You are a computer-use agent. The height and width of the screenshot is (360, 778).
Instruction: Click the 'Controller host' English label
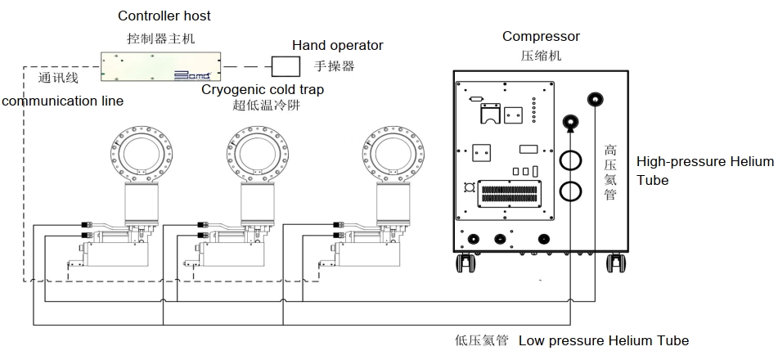point(164,16)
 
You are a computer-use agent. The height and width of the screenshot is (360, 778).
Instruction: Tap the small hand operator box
point(286,66)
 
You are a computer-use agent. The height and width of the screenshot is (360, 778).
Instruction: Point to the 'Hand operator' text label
point(338,46)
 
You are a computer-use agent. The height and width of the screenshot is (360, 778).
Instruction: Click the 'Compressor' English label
point(541,36)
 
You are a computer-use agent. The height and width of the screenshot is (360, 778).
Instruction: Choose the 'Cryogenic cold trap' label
point(263,88)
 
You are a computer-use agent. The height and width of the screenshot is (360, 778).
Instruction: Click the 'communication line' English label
point(62,101)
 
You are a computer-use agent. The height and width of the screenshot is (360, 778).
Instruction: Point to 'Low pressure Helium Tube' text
point(604,340)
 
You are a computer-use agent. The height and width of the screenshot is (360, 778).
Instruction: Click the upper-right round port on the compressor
point(595,100)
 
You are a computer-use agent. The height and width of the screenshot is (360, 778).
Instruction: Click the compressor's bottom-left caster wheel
point(465,263)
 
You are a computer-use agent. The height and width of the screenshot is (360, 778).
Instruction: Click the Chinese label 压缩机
point(541,56)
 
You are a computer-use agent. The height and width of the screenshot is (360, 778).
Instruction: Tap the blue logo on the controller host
point(193,74)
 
